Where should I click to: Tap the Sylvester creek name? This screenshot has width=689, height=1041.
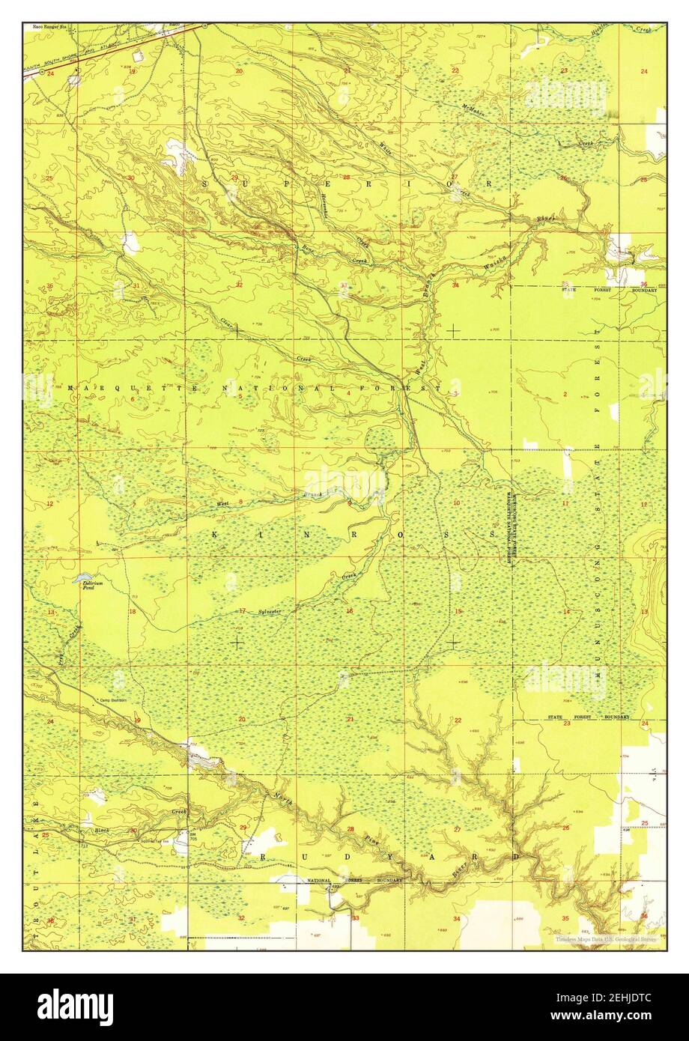[270, 612]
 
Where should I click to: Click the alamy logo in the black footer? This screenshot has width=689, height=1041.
[76, 1007]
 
